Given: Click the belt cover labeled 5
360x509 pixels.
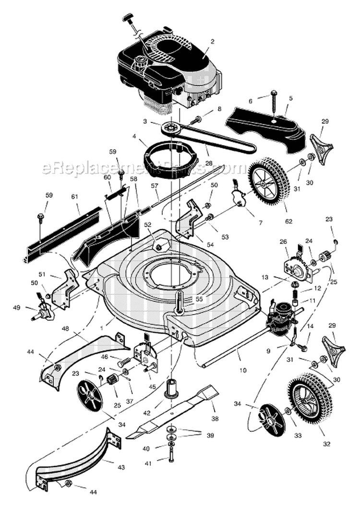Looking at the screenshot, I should [266, 122].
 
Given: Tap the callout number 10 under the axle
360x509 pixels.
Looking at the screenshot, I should [243, 370].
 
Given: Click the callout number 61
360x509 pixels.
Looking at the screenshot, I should [74, 196].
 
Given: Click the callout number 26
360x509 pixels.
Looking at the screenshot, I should [283, 242].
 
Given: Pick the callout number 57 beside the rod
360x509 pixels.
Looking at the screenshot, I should [155, 185].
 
